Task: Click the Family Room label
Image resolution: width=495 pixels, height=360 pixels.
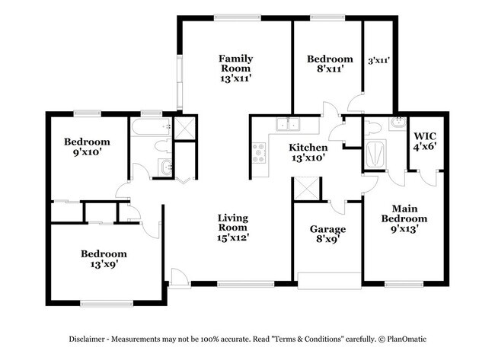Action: (x=235, y=68)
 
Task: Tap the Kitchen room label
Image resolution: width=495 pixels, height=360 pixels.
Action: (x=308, y=152)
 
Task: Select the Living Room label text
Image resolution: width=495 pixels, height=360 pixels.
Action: (x=233, y=227)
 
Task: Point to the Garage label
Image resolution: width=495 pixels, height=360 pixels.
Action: (x=327, y=234)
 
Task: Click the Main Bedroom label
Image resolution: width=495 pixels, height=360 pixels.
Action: (x=409, y=218)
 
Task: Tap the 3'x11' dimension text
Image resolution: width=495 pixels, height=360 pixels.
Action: (x=378, y=60)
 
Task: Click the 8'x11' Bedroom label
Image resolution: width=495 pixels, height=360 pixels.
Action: (x=330, y=64)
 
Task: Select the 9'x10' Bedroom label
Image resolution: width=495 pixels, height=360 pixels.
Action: (x=87, y=146)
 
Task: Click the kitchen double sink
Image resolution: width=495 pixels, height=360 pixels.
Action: (x=289, y=126)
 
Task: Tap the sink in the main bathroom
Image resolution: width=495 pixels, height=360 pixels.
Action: (x=395, y=124)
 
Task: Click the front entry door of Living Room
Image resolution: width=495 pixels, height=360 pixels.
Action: (x=177, y=278)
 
